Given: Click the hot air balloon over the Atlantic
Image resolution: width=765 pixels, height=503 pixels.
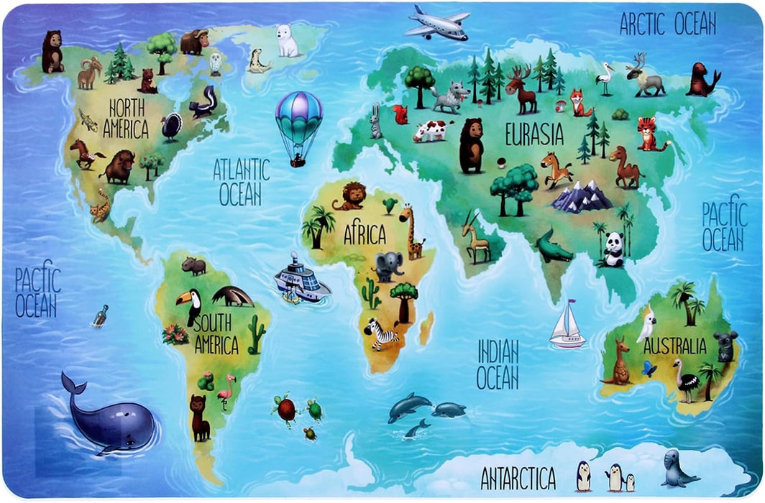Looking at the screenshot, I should tap(298, 124).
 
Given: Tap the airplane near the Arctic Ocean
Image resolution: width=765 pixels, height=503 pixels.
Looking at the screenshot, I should tap(436, 24).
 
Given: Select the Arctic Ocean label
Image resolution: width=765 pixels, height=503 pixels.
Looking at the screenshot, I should tap(668, 24).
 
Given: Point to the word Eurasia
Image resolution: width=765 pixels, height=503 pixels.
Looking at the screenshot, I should tap(533, 134).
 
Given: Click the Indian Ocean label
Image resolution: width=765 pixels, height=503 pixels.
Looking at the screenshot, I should tap(498, 364).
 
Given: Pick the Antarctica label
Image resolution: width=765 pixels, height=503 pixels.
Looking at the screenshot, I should tap(518, 477).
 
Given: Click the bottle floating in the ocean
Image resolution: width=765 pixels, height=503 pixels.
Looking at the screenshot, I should tap(100, 315).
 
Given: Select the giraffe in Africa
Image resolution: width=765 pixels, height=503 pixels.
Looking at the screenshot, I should tap(411, 231).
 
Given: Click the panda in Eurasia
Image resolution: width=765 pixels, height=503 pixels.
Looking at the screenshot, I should tap(613, 249).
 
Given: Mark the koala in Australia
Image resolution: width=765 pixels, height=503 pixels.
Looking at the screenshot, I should tap(725, 346).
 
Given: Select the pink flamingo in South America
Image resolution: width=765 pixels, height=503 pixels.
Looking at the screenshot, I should tap(226, 392).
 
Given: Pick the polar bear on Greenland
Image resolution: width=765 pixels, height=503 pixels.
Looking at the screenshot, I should tap(288, 41).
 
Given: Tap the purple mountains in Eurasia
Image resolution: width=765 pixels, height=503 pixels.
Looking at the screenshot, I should tap(582, 196).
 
